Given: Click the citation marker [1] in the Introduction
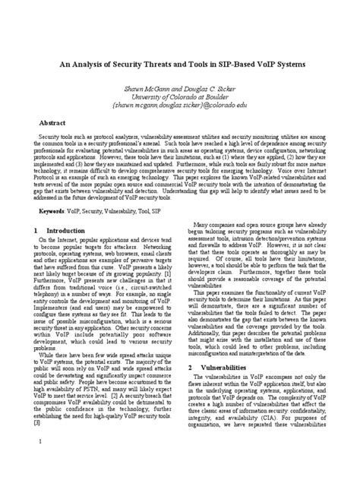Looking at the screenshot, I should tap(175, 289).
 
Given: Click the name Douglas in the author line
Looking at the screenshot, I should tap(198, 87).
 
